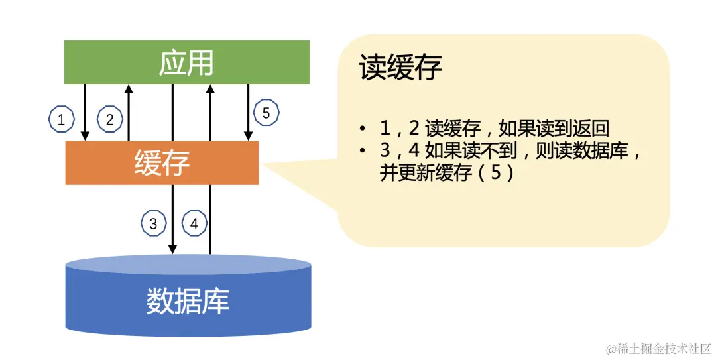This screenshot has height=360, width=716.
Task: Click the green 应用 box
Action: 186,62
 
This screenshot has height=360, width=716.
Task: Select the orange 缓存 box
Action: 162,162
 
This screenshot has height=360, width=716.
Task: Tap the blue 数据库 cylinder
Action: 188,301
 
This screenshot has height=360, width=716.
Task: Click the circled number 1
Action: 62,120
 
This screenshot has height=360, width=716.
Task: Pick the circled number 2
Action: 110,120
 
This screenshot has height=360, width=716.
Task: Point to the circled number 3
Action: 153,223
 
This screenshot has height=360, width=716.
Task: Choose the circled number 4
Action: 194,223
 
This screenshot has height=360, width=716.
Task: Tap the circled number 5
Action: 266,113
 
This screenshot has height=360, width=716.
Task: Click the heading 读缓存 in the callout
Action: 400,67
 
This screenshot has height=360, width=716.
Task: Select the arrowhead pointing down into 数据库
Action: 172,249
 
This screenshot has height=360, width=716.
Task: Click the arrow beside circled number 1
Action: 85,112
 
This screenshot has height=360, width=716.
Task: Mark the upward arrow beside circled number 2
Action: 129,112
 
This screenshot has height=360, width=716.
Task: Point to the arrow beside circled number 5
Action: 249,112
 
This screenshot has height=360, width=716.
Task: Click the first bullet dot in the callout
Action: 363,129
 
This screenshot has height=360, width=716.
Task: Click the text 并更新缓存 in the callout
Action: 420,174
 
